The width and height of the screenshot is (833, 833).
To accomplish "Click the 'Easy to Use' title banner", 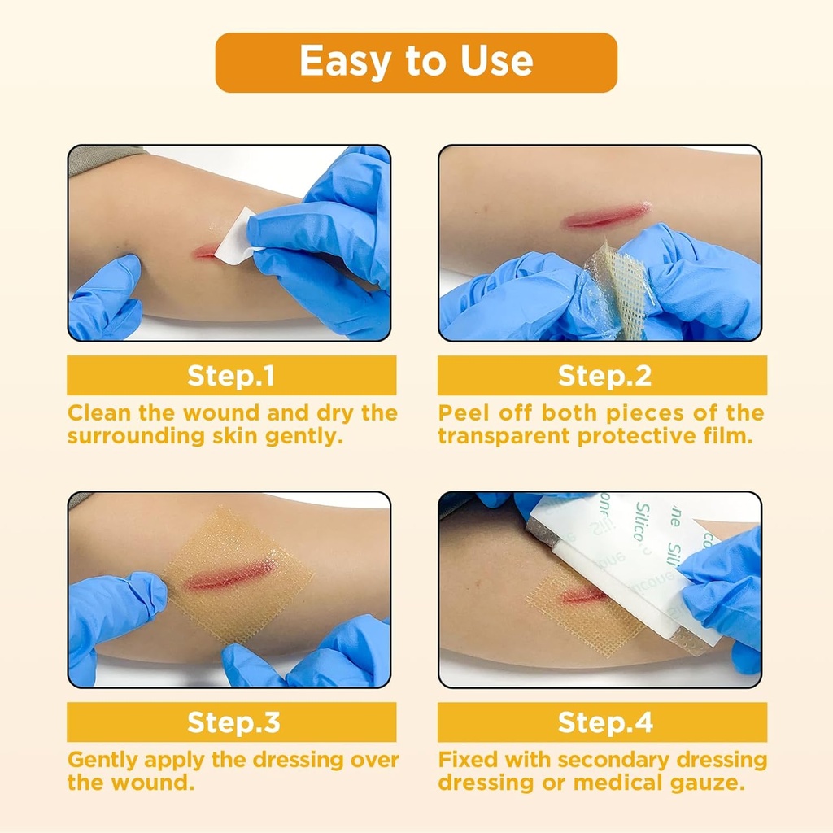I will pyautogui.click(x=416, y=63).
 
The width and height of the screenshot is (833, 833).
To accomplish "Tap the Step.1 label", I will pyautogui.click(x=231, y=376).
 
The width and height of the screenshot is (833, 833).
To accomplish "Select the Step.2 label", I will pyautogui.click(x=602, y=376).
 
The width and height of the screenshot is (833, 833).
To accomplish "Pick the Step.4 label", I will pyautogui.click(x=602, y=722).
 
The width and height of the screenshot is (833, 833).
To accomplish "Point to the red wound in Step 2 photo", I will pyautogui.click(x=607, y=216).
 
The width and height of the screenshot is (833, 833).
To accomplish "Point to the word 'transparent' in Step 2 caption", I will pyautogui.click(x=504, y=436).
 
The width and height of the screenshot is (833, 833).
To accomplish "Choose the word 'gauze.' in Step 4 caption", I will pyautogui.click(x=717, y=783).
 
